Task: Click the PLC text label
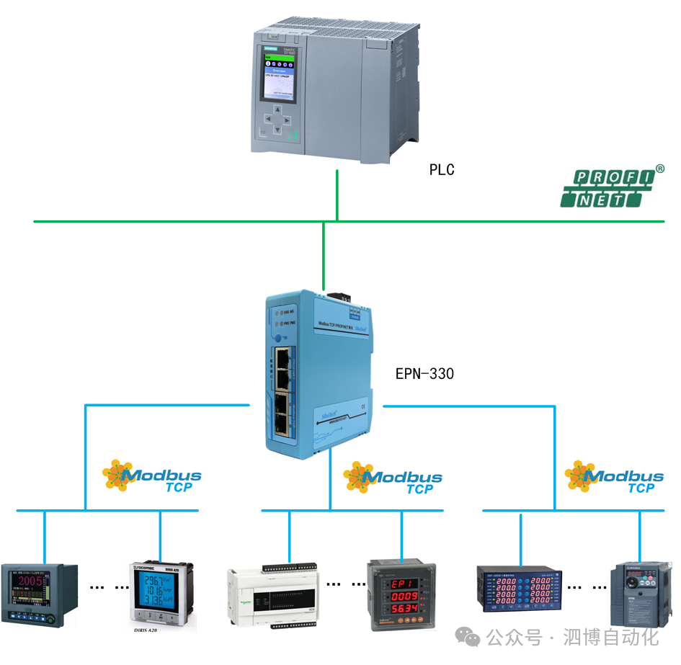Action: click(x=442, y=170)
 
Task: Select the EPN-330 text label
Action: click(x=424, y=374)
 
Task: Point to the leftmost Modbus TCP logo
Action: click(x=151, y=478)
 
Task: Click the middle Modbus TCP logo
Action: click(x=393, y=479)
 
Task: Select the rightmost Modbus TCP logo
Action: click(x=614, y=478)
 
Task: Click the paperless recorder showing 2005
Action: click(x=40, y=593)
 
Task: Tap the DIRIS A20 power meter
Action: click(x=161, y=592)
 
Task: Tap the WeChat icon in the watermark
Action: click(x=471, y=638)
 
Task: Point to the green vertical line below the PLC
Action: click(x=337, y=195)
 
